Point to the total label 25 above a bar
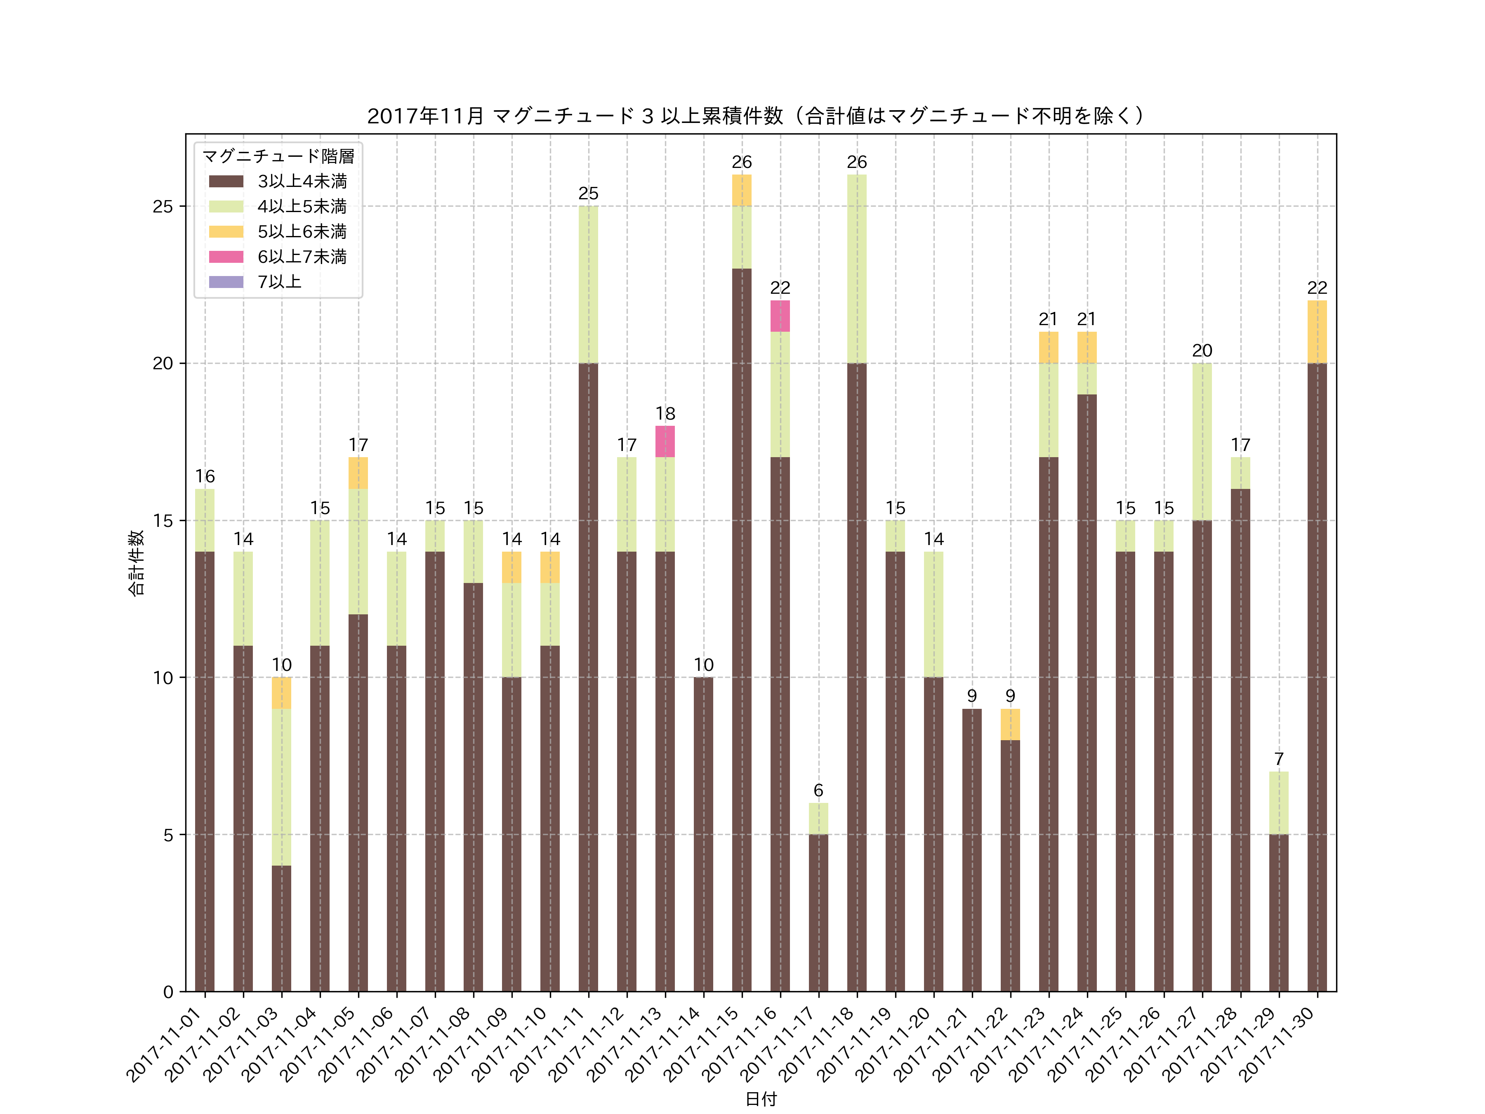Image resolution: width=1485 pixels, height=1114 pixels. (588, 194)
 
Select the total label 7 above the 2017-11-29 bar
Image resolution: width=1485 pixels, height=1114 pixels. (1278, 759)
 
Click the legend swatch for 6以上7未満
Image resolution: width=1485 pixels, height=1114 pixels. (226, 257)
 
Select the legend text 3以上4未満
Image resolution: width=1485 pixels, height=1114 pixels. (302, 181)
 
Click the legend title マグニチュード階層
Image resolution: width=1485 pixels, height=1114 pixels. (278, 156)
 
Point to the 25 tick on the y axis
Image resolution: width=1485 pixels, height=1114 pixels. (163, 206)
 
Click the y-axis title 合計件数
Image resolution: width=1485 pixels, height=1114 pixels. (136, 563)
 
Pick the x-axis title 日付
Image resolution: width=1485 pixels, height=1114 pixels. (761, 1099)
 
